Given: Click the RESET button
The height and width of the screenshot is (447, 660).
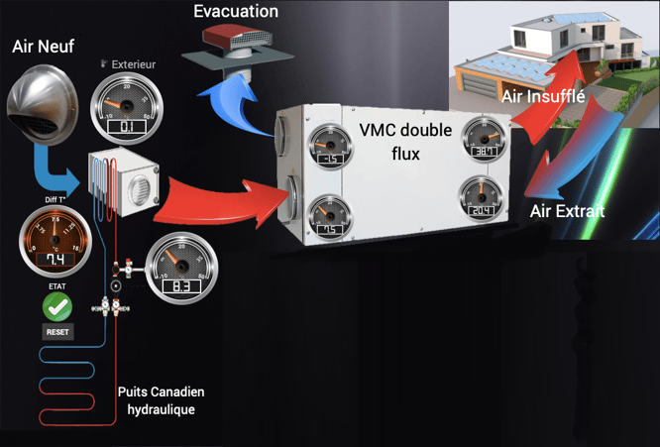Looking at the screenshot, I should click(57, 331).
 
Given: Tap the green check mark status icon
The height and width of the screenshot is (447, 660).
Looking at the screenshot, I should click(57, 306).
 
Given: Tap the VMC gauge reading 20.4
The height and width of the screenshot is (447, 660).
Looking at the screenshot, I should click(483, 201).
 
